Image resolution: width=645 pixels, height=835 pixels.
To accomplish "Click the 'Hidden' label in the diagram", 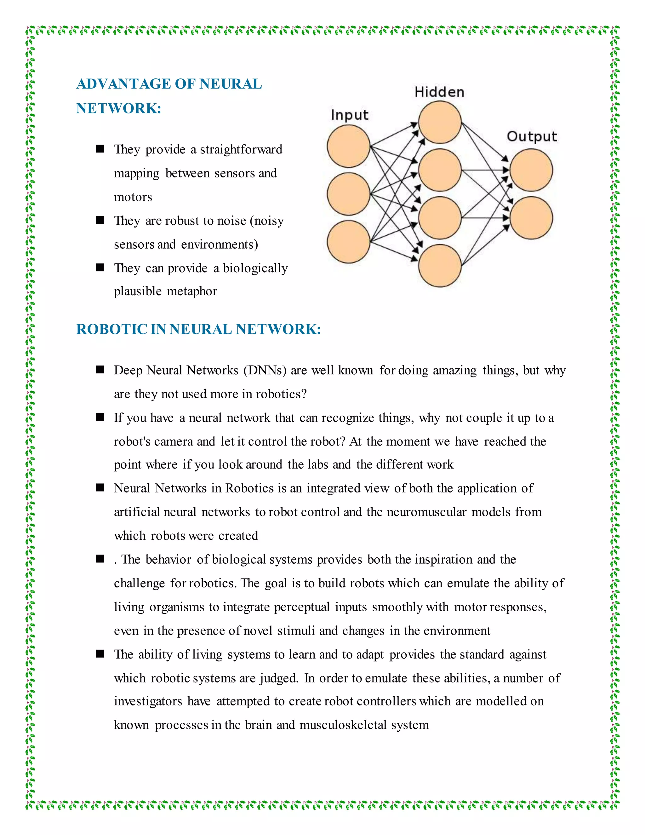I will click(x=439, y=92).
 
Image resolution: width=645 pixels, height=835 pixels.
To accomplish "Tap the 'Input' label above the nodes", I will click(x=349, y=115).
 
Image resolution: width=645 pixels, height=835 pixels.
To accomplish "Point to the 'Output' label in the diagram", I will click(x=532, y=136).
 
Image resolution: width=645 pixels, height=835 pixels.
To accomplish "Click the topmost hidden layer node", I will click(x=439, y=122).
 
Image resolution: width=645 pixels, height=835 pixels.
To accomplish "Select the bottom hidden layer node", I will click(x=439, y=265).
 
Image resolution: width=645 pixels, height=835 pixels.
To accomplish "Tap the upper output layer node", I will click(x=531, y=170).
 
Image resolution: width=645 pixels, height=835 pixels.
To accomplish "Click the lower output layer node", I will click(x=531, y=218).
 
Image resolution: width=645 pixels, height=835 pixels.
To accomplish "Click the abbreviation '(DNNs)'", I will click(x=265, y=371).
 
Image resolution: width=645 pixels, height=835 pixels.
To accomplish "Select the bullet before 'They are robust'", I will click(x=100, y=220).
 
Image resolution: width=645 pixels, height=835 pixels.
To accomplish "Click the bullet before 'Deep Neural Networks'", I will click(x=100, y=370).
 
